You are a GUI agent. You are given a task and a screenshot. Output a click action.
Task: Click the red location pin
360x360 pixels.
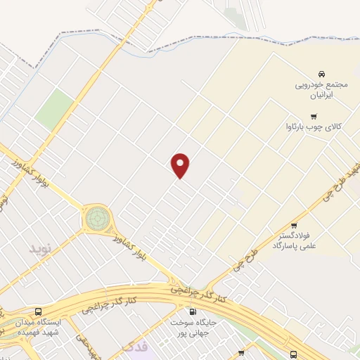tap(181, 165)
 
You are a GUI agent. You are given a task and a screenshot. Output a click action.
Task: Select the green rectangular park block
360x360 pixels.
tap(55, 110)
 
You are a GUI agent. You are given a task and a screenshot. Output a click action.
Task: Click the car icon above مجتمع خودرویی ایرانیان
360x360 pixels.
tap(321, 74)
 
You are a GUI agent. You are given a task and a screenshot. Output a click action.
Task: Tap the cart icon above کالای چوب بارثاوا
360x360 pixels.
tap(314, 116)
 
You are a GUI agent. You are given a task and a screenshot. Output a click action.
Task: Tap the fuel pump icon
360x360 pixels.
tap(192, 311)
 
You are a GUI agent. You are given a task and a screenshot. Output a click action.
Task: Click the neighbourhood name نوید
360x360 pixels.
tap(40, 249)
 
